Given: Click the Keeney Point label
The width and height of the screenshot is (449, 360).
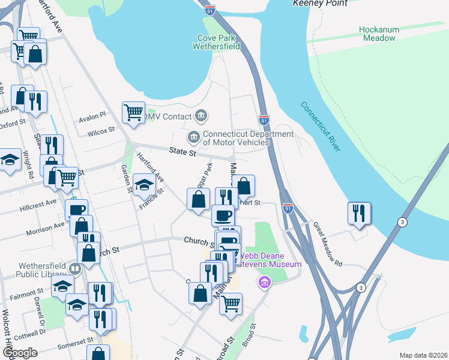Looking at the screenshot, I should click(x=320, y=3).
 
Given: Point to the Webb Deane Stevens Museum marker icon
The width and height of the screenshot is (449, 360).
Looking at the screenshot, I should click(x=263, y=281).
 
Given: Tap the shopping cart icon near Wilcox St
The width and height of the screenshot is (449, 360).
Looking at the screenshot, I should click(x=133, y=112).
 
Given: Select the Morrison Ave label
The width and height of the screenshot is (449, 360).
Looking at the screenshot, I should click(x=44, y=228).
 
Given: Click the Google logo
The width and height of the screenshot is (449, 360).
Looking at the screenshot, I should click(x=19, y=353).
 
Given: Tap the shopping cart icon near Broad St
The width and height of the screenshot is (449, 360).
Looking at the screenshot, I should click(x=231, y=304).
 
